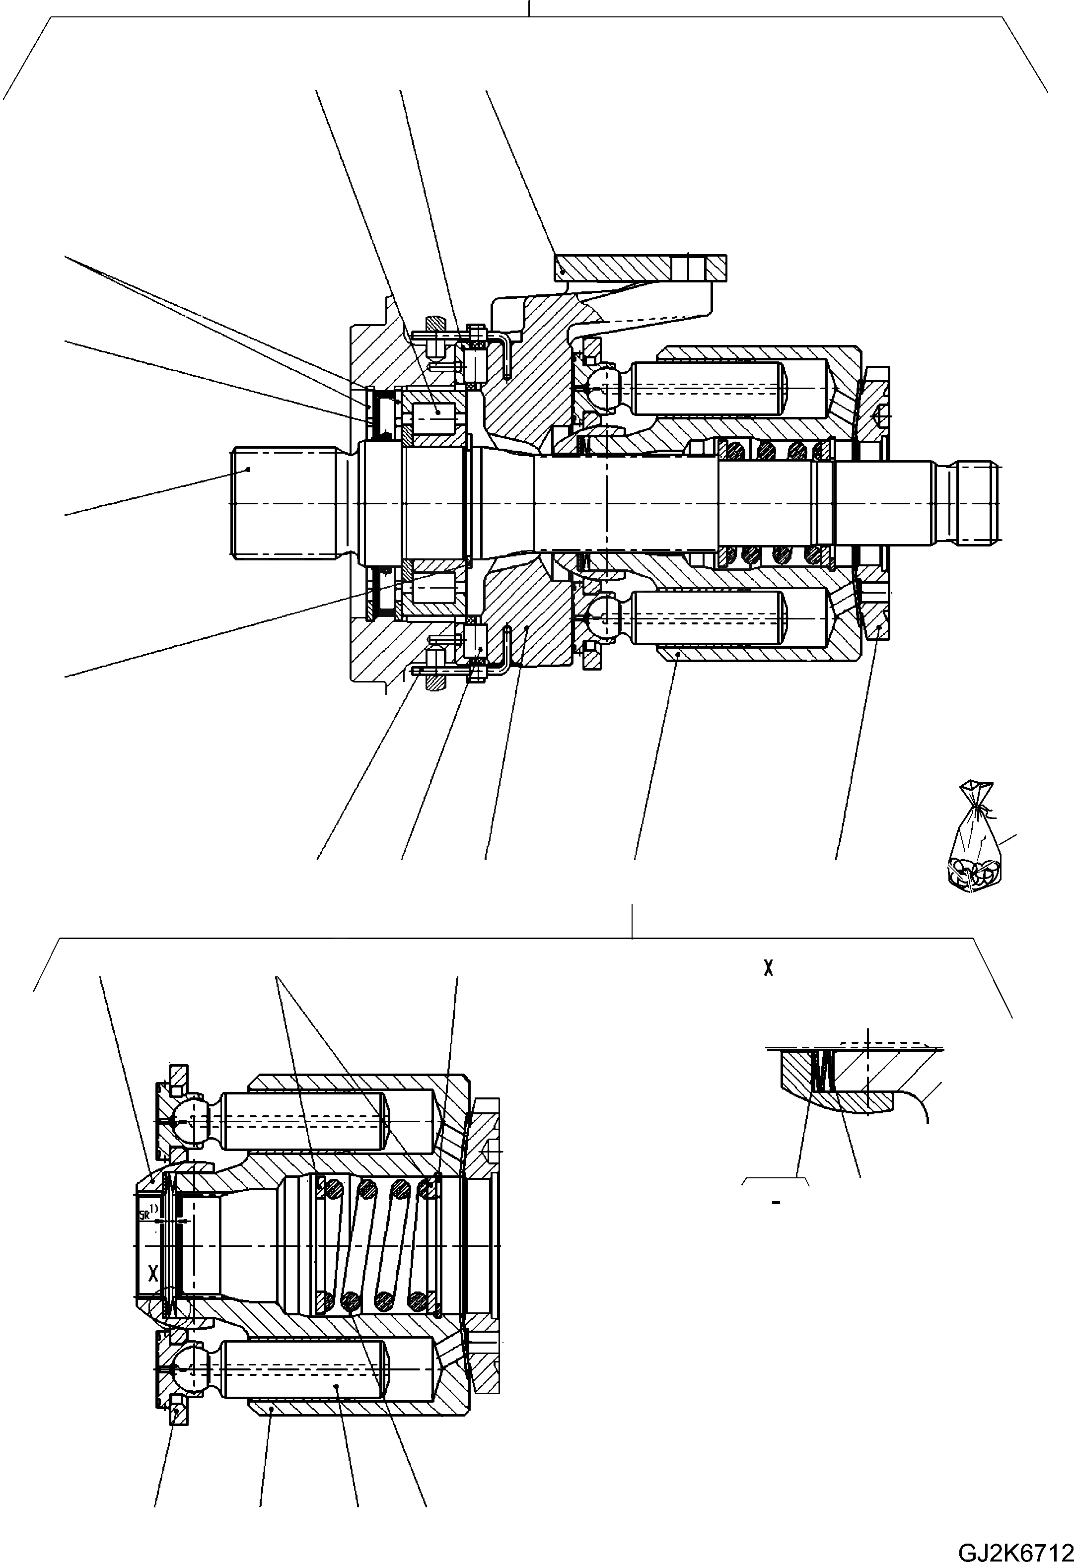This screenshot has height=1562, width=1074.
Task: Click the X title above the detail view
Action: pos(769,969)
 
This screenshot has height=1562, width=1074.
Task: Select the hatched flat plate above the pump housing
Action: pos(640,268)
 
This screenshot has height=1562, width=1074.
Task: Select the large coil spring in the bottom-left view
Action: pos(377,1244)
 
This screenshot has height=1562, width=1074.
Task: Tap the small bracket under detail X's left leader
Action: pos(775,1181)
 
